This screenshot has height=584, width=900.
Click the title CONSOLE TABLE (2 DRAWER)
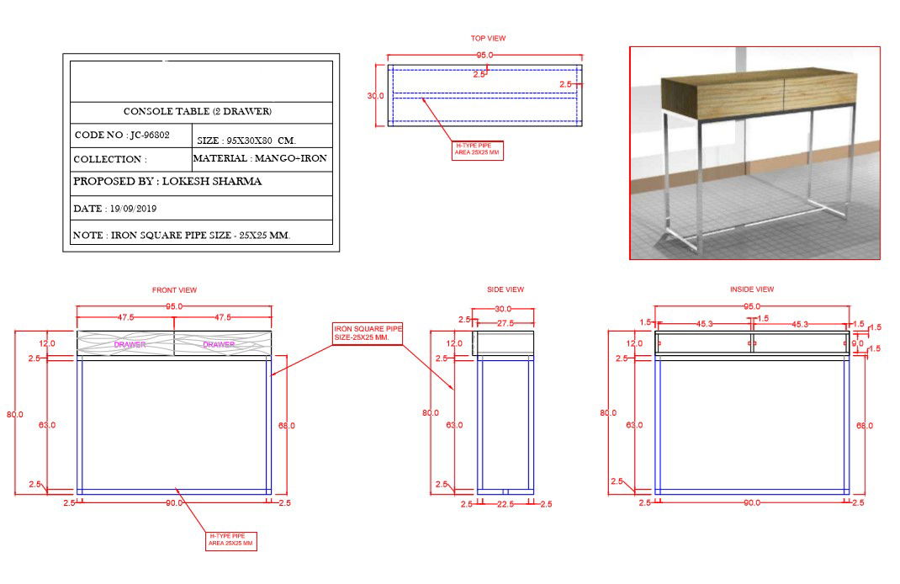(198, 112)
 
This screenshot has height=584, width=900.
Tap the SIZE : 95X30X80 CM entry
(246, 141)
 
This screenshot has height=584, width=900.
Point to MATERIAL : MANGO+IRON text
(260, 158)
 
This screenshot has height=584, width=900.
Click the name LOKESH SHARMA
(211, 182)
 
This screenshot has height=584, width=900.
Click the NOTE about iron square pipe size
(182, 236)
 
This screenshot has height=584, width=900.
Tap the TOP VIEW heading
(488, 38)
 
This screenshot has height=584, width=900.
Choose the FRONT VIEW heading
(174, 290)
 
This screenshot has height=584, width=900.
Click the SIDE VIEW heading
(505, 289)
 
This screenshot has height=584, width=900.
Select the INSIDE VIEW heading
(752, 289)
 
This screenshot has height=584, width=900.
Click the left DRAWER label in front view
(130, 344)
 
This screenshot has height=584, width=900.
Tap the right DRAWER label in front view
(219, 344)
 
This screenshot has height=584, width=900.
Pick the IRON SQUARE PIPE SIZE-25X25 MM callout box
(368, 332)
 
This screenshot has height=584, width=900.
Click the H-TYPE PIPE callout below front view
(231, 540)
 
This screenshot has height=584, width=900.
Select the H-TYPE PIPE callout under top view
(478, 150)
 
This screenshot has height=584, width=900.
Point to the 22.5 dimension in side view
(506, 504)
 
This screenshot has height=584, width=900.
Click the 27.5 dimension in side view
(505, 323)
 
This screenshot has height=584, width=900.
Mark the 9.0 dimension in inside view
(858, 343)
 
